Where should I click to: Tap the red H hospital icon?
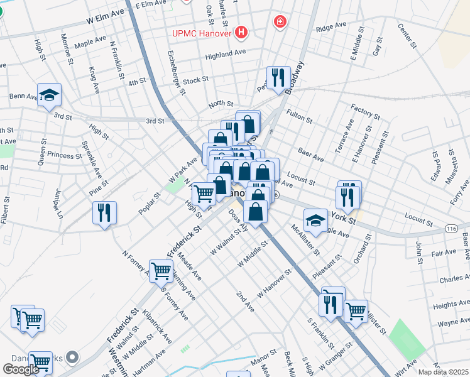coord(240,32)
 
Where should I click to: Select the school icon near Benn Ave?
coord(49,95)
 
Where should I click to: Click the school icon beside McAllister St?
coord(315,221)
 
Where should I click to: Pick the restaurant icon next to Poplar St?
coord(104,212)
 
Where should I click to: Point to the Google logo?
coord(21,369)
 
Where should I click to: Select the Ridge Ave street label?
coord(331,27)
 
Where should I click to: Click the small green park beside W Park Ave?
coord(172,185)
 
